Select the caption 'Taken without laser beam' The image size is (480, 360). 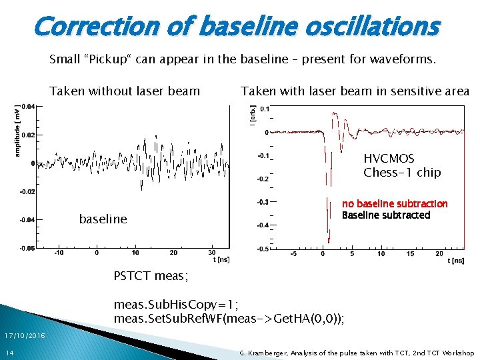pyautogui.click(x=125, y=91)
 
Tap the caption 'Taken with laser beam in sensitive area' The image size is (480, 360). pyautogui.click(x=355, y=91)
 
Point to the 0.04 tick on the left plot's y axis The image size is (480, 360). pyautogui.click(x=29, y=106)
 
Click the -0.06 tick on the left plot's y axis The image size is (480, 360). pyautogui.click(x=27, y=247)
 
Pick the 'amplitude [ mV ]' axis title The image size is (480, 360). pyautogui.click(x=17, y=131)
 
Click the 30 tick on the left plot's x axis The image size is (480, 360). pyautogui.click(x=212, y=253)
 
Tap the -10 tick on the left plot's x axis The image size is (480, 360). pyautogui.click(x=59, y=253)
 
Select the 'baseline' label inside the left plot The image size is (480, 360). pyautogui.click(x=103, y=219)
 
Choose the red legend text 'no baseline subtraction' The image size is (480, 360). pyautogui.click(x=395, y=204)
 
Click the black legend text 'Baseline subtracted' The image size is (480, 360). pyautogui.click(x=386, y=215)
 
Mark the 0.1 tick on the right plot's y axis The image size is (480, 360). pyautogui.click(x=265, y=109)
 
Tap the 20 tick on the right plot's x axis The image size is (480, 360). pyautogui.click(x=439, y=253)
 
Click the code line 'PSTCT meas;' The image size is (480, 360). pyautogui.click(x=151, y=275)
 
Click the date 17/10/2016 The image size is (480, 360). pyautogui.click(x=23, y=335)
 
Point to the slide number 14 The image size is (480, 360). pyautogui.click(x=9, y=352)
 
